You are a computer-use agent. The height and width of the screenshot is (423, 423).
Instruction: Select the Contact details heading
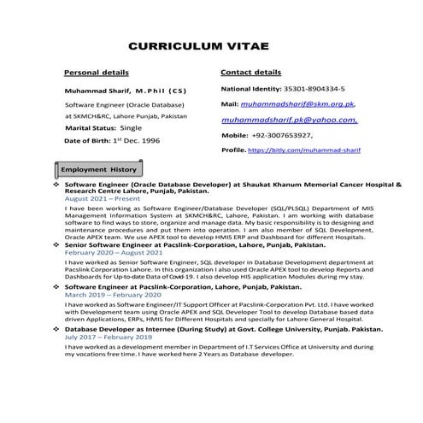pos(250,73)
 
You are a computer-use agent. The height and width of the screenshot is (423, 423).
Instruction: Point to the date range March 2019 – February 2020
pos(111,295)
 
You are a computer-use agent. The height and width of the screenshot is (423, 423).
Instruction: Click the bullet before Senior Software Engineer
pos(56,245)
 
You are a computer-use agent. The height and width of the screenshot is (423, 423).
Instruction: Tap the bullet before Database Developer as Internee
pos(56,328)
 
